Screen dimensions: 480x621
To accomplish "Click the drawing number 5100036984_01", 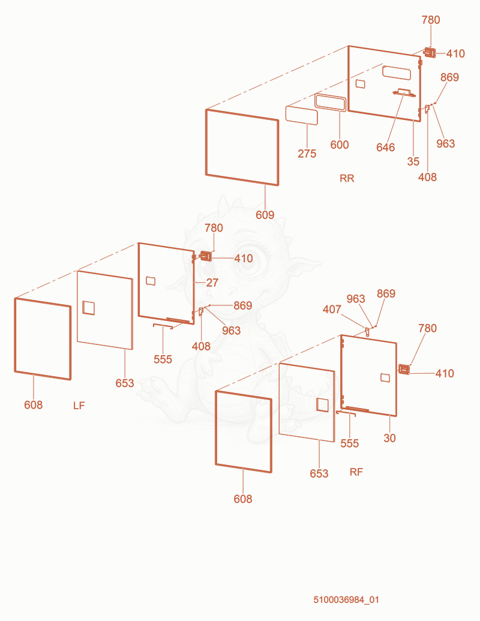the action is [346, 599].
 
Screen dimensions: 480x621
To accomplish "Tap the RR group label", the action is [347, 178].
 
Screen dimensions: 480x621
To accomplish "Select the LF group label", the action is [79, 406].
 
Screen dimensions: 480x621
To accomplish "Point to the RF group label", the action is [356, 472].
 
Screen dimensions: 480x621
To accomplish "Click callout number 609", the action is [265, 215].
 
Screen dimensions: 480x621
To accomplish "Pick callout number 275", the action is [307, 153].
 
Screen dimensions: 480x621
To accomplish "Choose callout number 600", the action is [340, 145].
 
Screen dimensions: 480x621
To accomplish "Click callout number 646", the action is [385, 148].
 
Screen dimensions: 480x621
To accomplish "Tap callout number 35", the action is [413, 161].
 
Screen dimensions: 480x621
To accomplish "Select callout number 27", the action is [212, 283].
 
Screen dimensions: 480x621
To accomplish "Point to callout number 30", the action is [390, 437].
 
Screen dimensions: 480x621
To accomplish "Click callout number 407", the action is [332, 309].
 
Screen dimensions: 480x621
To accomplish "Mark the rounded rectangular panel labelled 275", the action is [302, 115].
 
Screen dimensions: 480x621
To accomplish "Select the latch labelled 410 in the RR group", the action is [430, 52].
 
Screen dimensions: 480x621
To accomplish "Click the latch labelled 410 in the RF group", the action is [404, 369].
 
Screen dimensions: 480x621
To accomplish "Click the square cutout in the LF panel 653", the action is [88, 308].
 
